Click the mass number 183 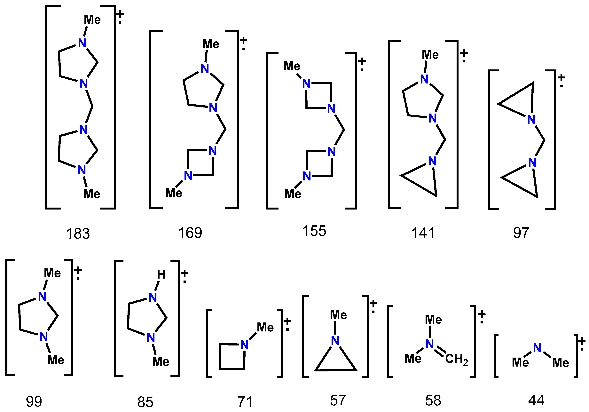click(x=78, y=234)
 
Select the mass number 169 click(x=190, y=233)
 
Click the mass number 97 click(x=521, y=233)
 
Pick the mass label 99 click(x=34, y=401)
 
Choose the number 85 click(x=145, y=402)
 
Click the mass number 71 click(x=245, y=401)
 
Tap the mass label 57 click(x=338, y=400)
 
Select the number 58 click(x=433, y=400)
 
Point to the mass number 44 click(x=536, y=400)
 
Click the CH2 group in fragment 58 click(x=457, y=359)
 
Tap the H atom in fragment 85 click(x=161, y=274)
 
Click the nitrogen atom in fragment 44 click(x=537, y=348)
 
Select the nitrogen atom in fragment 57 click(x=335, y=341)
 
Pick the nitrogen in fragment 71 click(x=245, y=345)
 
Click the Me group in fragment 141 click(x=430, y=55)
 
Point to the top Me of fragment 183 click(x=92, y=20)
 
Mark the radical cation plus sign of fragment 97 click(x=561, y=77)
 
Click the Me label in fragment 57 click(x=338, y=315)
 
